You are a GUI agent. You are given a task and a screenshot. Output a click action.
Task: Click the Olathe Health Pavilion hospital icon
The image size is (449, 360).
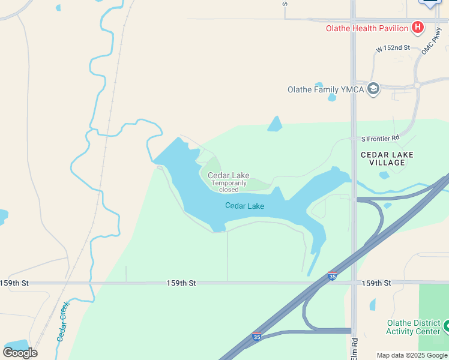pos(417,28)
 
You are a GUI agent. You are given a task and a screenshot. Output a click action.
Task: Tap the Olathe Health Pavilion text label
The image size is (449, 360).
pos(367,28)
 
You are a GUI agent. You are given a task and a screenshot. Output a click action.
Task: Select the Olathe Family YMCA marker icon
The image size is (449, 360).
pos(373,89)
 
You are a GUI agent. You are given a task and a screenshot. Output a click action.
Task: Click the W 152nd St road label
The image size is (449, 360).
pos(393,48)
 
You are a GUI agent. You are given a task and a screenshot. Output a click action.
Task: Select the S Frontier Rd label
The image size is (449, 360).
pos(380,139)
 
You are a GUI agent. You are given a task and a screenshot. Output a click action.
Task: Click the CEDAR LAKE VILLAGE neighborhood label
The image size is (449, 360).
pos(387,159)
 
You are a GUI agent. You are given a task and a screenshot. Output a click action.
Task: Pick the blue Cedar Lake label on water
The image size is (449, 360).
pos(244,206)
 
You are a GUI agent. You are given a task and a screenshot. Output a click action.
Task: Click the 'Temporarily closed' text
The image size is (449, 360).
pos(229,186)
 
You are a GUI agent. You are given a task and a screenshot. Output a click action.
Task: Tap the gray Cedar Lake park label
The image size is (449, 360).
pos(228,175)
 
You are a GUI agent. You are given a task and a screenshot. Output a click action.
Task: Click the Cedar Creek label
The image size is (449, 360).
pos(64,321)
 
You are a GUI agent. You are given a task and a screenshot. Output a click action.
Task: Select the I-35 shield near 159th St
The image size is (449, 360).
pos(332,276)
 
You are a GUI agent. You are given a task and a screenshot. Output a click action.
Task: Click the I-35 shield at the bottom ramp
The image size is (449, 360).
pos(257,337)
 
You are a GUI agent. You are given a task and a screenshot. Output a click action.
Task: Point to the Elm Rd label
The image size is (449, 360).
pos(354,349)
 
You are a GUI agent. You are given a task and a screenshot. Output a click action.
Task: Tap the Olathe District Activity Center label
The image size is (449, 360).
pos(413,328)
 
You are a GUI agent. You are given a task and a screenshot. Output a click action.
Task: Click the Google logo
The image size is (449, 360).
pos(20,352)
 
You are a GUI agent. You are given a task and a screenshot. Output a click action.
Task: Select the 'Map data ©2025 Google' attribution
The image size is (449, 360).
pos(412,355)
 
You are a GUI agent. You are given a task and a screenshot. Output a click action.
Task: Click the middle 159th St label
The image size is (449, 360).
pos(181,283)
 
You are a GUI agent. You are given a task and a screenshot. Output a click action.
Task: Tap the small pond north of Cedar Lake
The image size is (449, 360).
pos(275,124)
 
